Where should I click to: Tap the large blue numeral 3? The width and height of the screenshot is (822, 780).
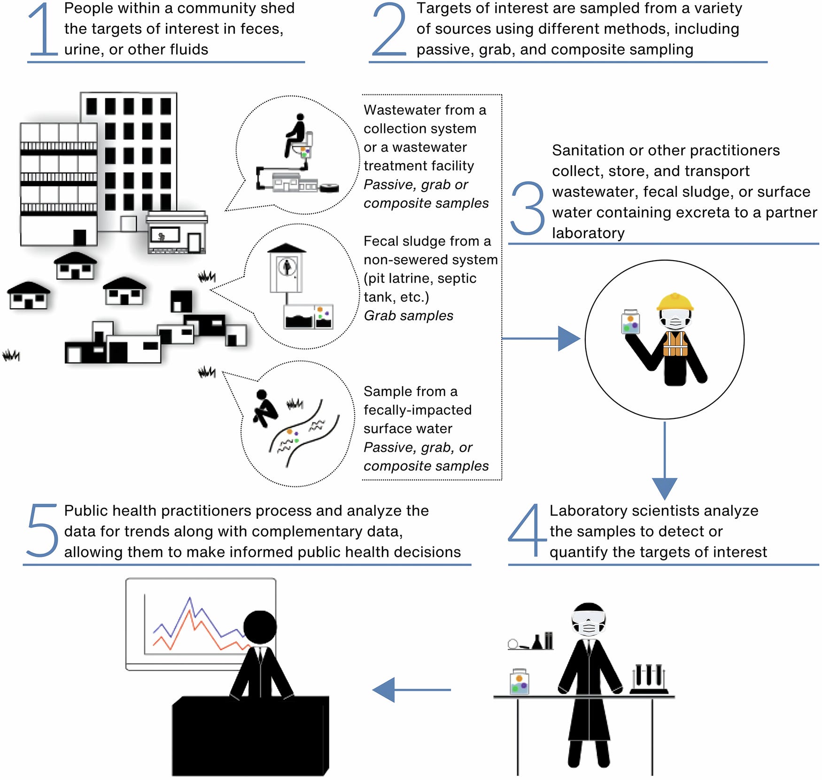(527, 209)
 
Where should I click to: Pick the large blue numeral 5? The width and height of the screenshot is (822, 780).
(42, 530)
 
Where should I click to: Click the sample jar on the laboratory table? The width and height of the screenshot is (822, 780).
(520, 682)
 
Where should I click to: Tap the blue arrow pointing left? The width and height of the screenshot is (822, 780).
(411, 690)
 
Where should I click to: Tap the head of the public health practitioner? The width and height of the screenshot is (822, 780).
(260, 627)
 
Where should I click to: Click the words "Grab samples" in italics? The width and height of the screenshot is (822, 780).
(408, 316)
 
